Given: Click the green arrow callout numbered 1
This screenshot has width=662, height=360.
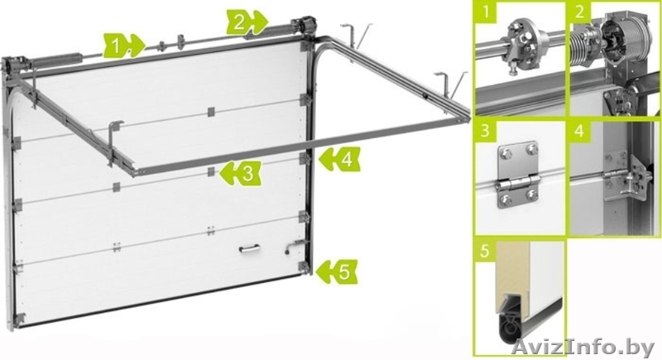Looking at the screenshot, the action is pyautogui.click(x=123, y=46).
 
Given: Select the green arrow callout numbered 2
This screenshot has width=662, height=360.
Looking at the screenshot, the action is pyautogui.click(x=247, y=22).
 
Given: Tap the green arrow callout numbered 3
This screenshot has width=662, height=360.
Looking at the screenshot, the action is pyautogui.click(x=240, y=173).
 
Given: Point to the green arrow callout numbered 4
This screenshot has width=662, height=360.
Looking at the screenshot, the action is pyautogui.click(x=340, y=159).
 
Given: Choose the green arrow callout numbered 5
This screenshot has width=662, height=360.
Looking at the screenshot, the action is pyautogui.click(x=337, y=271).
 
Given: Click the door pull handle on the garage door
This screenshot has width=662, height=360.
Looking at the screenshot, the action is pyautogui.click(x=250, y=249).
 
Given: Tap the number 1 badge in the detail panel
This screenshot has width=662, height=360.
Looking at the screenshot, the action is pyautogui.click(x=486, y=12).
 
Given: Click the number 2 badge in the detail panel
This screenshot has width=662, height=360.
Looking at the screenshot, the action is pyautogui.click(x=580, y=12).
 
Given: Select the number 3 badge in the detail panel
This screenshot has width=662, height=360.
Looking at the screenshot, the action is pyautogui.click(x=486, y=131).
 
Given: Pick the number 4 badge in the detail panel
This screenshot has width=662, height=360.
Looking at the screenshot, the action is pyautogui.click(x=580, y=131).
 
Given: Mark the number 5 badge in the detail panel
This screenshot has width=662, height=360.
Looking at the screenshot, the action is pyautogui.click(x=486, y=250).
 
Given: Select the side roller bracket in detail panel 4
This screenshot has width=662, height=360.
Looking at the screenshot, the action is pyautogui.click(x=628, y=178).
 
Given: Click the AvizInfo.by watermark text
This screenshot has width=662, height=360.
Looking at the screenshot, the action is pyautogui.click(x=583, y=348).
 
